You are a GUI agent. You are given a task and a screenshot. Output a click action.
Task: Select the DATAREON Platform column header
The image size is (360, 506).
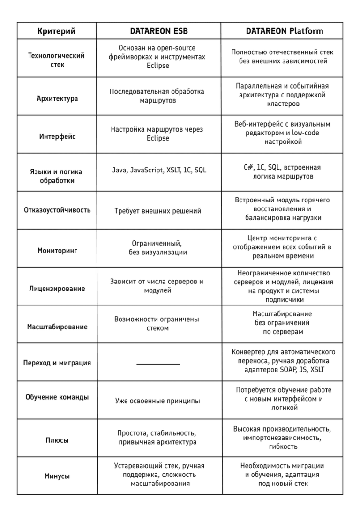pos(284,31)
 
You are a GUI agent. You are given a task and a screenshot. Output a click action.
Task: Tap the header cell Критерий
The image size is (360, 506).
pos(56,31)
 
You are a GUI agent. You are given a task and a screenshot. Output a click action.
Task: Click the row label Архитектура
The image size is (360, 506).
pos(57,99)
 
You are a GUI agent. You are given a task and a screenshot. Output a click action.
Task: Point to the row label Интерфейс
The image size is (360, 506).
pos(57,137)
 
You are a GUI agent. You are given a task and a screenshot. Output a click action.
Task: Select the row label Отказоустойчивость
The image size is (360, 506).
pos(57,210)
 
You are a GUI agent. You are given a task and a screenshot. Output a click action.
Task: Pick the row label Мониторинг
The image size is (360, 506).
pos(57,251)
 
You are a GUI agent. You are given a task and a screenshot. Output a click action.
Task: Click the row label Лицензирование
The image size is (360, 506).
pos(57,289)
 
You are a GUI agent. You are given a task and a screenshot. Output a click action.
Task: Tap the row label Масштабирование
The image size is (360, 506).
pos(57,327)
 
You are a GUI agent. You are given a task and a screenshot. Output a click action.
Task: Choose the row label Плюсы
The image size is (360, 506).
pos(57,440)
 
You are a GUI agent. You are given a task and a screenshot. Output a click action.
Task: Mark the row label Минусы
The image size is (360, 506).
pos(57,476)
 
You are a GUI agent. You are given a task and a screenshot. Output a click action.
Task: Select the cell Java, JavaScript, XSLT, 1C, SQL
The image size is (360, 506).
pos(159,170)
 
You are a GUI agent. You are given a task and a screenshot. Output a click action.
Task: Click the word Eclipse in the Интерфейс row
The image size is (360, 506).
pos(157,138)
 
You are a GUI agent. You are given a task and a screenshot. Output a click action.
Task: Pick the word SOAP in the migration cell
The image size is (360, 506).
pos(289,370)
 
